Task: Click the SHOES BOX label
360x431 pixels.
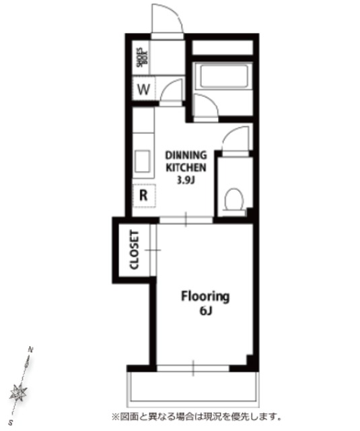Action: click(142, 57)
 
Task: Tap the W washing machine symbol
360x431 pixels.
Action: click(143, 90)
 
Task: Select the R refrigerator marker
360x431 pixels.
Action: click(143, 195)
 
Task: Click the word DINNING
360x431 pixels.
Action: click(186, 156)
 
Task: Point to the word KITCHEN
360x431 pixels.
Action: click(186, 168)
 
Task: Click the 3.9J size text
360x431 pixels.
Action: click(186, 180)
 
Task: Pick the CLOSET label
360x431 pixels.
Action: click(135, 250)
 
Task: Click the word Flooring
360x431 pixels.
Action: click(205, 297)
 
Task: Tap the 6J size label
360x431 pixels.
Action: click(206, 310)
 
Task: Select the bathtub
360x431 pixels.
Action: click(223, 75)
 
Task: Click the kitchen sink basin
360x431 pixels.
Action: click(142, 162)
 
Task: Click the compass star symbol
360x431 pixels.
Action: click(18, 392)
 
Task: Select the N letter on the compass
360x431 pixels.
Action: click(31, 350)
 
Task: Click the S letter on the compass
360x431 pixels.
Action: click(11, 422)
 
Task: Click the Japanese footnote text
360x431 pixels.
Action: click(196, 417)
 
